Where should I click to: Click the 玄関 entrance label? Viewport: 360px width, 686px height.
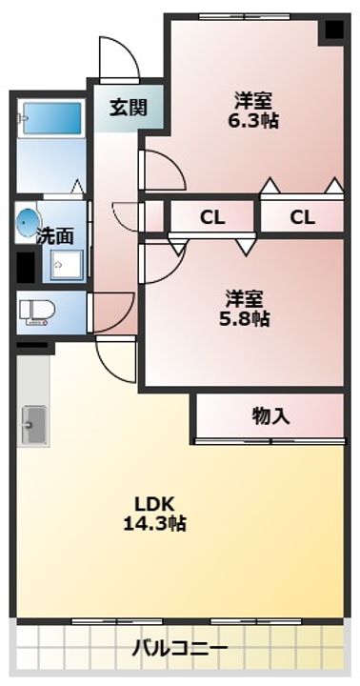click(x=128, y=107)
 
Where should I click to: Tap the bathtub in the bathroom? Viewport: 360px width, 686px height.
click(x=52, y=118)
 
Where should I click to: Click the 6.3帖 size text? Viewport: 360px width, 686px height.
click(x=252, y=120)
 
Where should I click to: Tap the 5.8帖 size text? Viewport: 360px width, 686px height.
click(x=244, y=319)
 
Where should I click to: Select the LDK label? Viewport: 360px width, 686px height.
click(x=154, y=504)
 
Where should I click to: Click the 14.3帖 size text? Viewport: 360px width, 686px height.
click(x=154, y=523)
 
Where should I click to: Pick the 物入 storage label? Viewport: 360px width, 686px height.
click(x=271, y=416)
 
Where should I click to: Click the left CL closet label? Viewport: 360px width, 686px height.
click(x=212, y=217)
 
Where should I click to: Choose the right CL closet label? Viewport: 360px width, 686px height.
click(x=302, y=217)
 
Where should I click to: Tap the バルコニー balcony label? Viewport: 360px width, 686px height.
click(x=180, y=648)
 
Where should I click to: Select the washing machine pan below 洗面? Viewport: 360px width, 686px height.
click(x=66, y=265)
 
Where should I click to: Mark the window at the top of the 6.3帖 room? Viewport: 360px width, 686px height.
click(x=244, y=16)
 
